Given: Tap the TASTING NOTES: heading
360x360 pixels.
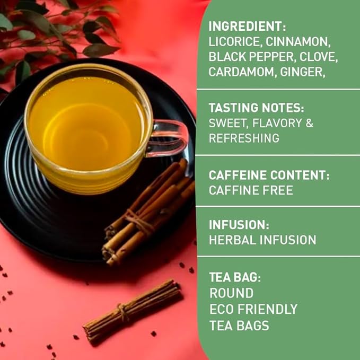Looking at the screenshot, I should click(x=257, y=108).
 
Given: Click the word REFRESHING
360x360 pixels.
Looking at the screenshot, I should click(x=244, y=138).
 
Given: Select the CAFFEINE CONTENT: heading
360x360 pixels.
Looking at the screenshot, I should click(x=267, y=175).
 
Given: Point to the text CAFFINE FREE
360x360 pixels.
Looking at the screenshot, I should click(x=251, y=190).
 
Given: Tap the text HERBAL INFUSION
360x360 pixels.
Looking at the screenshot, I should click(x=262, y=240).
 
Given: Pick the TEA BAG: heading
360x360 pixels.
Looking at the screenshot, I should click(x=235, y=277).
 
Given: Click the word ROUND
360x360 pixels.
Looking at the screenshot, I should click(x=231, y=293).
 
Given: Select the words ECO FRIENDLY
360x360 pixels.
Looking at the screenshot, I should click(x=253, y=309).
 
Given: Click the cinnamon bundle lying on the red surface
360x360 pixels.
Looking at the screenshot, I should click(x=133, y=310).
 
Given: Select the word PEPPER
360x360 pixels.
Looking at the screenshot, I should click(x=259, y=56).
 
